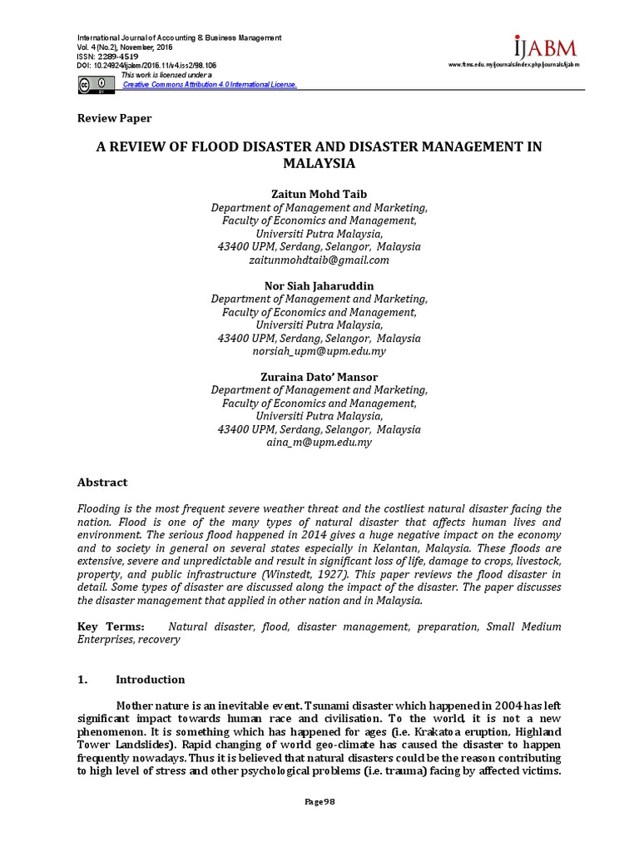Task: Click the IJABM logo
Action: point(544,47)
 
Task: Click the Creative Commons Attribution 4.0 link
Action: point(209,85)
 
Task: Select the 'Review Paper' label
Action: point(114,118)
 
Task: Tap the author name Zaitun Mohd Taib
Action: point(319,194)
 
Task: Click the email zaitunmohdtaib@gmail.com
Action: point(319,260)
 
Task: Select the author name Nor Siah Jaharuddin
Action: point(319,285)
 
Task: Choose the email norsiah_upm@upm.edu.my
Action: point(319,352)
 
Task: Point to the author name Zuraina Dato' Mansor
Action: point(319,377)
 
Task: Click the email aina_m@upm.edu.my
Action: point(319,443)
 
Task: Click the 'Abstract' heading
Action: point(102,482)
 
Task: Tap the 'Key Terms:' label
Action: point(110,627)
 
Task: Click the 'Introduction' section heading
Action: point(150,680)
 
